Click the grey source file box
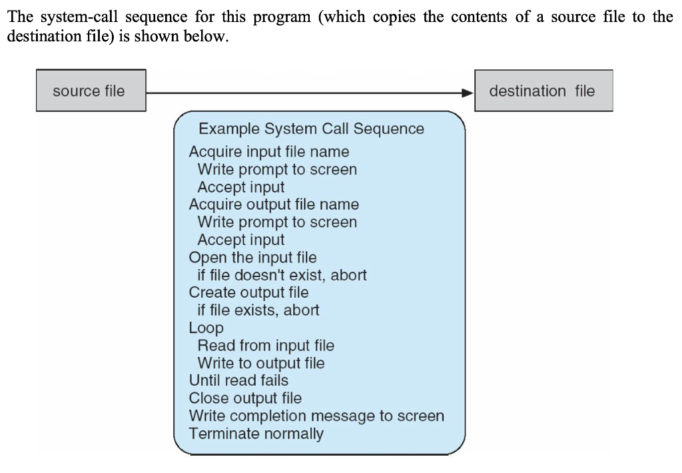point(90,91)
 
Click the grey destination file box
point(543,91)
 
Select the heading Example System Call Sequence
point(311,129)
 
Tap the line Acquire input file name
point(268,152)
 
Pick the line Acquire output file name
point(273,205)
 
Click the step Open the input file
point(252,257)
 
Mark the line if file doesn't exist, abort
point(282,274)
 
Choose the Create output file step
point(248,292)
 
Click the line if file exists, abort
point(258,310)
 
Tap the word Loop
point(206,328)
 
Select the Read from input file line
point(266,345)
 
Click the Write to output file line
point(261,363)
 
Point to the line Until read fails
point(238,380)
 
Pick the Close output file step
point(245,398)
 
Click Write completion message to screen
point(316,416)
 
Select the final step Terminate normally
point(256,434)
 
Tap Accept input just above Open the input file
point(240,240)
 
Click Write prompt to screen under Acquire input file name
point(277,169)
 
